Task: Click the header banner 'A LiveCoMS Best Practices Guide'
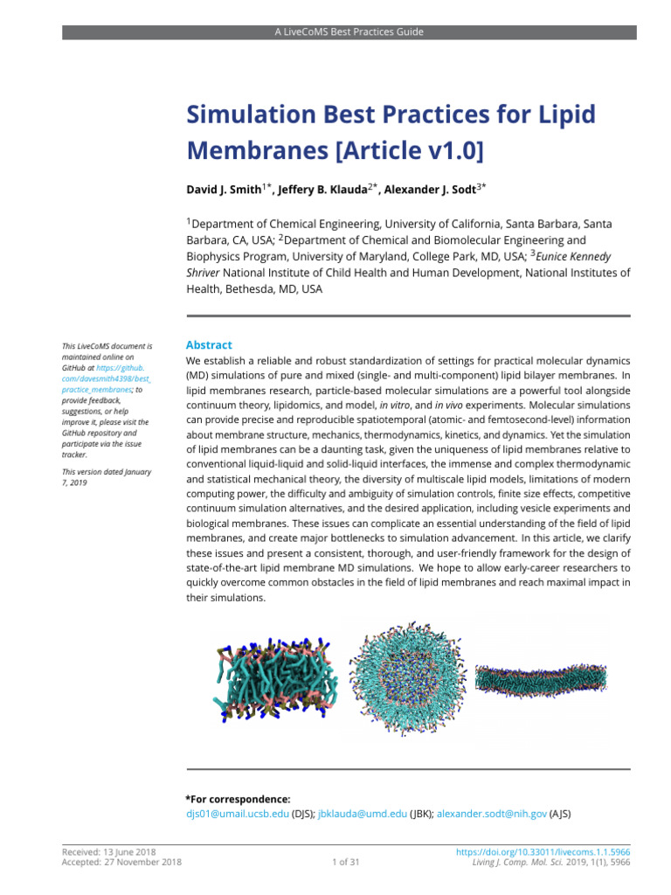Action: (348, 31)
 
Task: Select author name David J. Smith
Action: (223, 189)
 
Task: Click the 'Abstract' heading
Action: (209, 345)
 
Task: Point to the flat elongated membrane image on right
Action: (540, 679)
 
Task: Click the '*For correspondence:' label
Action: (238, 799)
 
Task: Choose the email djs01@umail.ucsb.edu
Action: (237, 814)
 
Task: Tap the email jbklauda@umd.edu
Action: (362, 814)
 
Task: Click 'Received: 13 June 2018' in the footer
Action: (109, 851)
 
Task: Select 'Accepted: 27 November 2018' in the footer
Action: (121, 863)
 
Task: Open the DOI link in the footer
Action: (543, 851)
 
